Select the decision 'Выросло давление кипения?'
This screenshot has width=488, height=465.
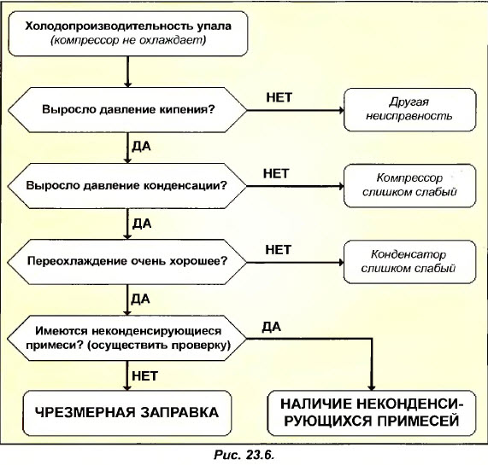click(x=128, y=109)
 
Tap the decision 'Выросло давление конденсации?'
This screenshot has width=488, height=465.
click(x=128, y=183)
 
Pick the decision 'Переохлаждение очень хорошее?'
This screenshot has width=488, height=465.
click(x=128, y=259)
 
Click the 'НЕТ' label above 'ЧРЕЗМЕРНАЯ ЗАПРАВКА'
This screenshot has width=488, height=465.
click(x=144, y=373)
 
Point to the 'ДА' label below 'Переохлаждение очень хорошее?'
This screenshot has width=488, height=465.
click(x=142, y=298)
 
